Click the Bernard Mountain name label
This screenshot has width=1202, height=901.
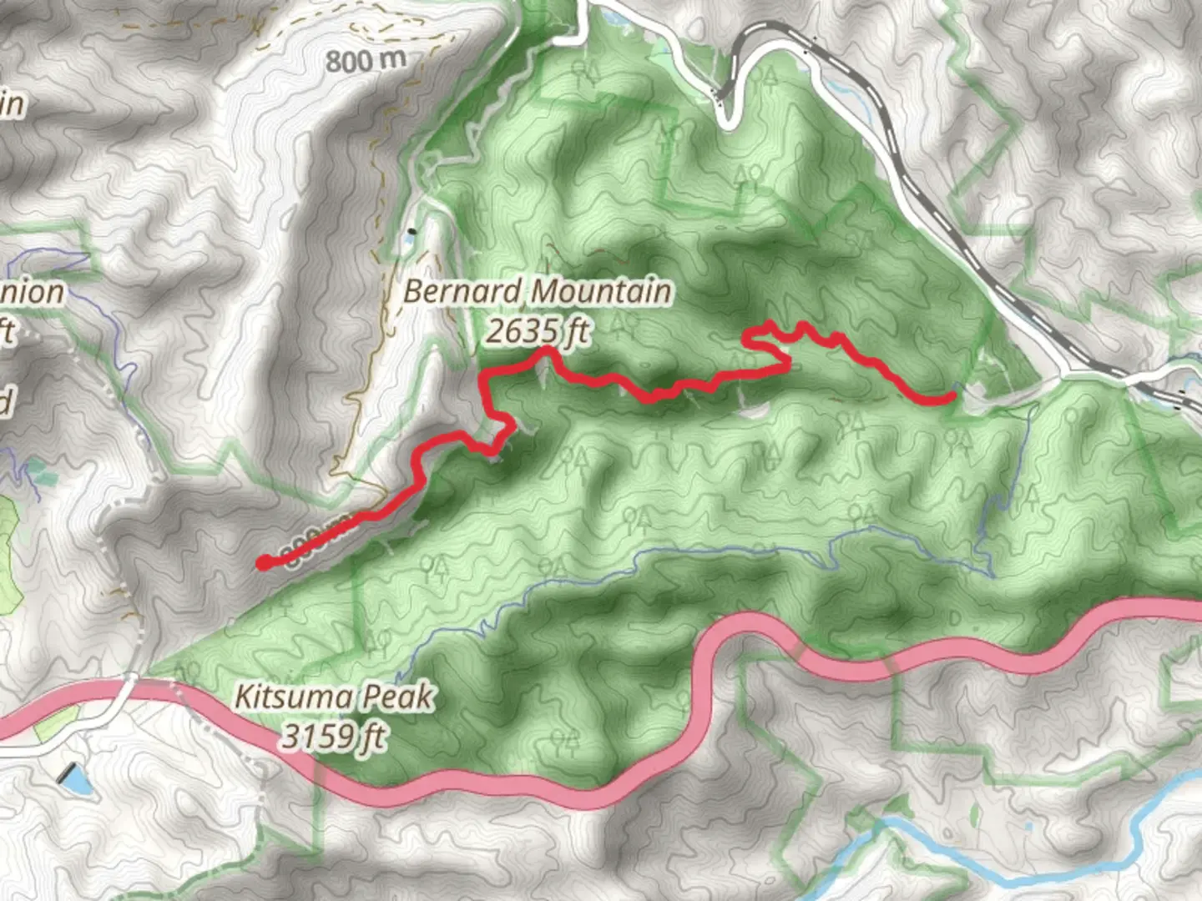[x=537, y=292]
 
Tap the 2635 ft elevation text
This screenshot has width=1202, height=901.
[x=537, y=332]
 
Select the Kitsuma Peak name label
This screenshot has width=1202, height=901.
[x=334, y=696]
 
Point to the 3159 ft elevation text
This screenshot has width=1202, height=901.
[x=334, y=736]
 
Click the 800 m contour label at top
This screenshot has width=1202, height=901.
[x=366, y=60]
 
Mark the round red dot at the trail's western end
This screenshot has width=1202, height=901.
[x=264, y=562]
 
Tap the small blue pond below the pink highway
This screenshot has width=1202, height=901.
[x=73, y=779]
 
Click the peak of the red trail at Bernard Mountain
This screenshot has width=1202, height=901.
[x=547, y=350]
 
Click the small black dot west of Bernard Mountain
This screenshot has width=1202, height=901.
[x=411, y=230]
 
